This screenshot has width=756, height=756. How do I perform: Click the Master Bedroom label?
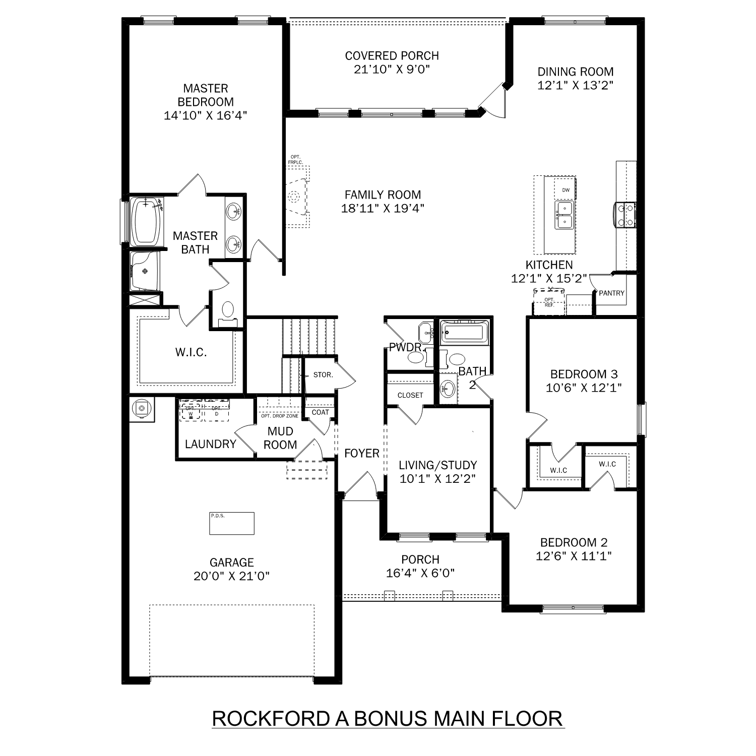click(205, 95)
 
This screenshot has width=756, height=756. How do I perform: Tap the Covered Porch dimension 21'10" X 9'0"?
click(392, 70)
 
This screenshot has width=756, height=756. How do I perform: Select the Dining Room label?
click(575, 72)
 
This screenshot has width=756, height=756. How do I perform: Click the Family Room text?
click(383, 195)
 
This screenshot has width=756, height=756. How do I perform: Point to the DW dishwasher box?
click(565, 190)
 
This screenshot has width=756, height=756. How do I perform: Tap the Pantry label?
click(611, 293)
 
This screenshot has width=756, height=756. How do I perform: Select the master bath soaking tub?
click(146, 222)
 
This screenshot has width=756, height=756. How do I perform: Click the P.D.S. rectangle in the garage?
click(232, 524)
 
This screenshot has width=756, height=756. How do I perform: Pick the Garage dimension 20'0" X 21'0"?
click(231, 576)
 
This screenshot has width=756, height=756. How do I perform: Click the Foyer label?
click(361, 454)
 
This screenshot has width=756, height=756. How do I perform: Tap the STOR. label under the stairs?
click(323, 375)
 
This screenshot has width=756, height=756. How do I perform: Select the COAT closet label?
click(320, 412)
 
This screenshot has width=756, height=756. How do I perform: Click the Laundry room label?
click(210, 444)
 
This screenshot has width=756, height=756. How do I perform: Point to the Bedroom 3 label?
click(584, 374)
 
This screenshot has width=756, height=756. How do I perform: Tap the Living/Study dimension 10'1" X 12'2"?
click(437, 479)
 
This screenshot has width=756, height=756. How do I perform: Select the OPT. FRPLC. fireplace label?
click(295, 160)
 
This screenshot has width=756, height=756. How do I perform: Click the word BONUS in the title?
click(392, 718)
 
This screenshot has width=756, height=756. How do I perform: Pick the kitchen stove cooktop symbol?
click(625, 214)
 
